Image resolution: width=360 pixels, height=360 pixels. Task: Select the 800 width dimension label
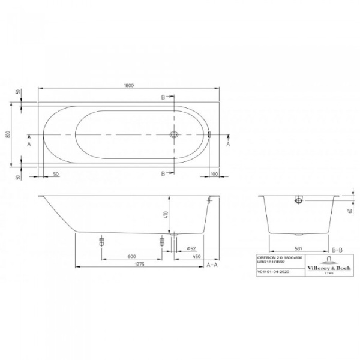click(8, 135)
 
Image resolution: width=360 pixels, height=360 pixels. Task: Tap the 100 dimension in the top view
click(214, 174)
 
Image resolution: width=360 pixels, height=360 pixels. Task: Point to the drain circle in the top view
click(173, 136)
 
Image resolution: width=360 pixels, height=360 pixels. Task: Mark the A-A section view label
click(212, 265)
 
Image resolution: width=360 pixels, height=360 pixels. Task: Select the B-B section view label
click(337, 248)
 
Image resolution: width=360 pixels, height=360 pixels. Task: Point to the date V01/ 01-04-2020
click(270, 271)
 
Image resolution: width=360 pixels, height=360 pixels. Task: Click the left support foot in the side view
click(101, 241)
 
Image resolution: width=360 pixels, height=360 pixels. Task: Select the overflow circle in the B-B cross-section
click(298, 200)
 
